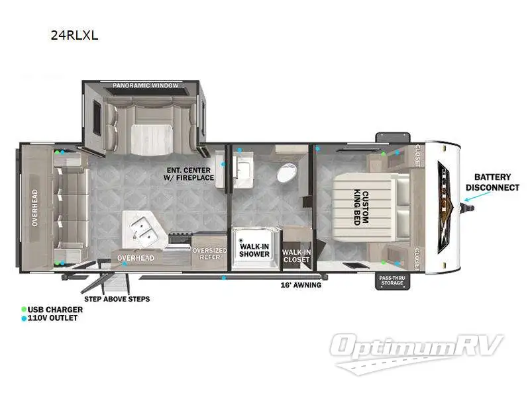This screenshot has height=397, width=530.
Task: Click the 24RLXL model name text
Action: coord(74,36)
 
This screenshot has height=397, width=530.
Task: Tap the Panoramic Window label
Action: coord(146,86)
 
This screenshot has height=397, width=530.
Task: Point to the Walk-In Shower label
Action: coord(254,249)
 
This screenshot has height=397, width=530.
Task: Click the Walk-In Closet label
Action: coord(296,255)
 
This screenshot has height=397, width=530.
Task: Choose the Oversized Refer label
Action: coord(209,254)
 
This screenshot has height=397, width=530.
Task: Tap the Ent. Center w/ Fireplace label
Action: coord(189,173)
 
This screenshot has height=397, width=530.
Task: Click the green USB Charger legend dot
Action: coord(24,309)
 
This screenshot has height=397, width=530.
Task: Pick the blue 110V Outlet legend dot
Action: coord(24,318)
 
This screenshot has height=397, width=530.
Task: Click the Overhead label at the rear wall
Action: coord(34,209)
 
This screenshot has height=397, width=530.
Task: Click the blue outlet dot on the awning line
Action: coord(224,278)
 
